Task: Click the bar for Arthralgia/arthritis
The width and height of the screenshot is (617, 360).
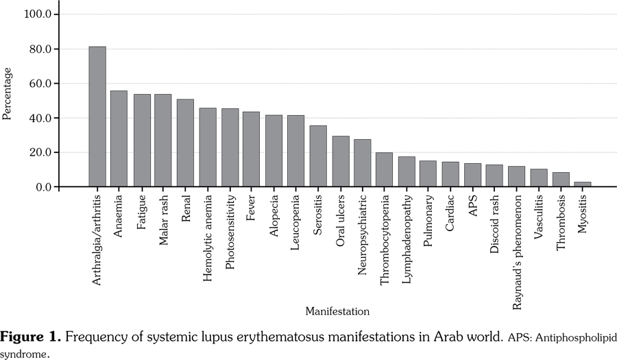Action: pyautogui.click(x=97, y=117)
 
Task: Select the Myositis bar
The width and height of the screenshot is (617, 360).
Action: pyautogui.click(x=583, y=184)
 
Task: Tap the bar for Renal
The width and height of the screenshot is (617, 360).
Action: pyautogui.click(x=185, y=143)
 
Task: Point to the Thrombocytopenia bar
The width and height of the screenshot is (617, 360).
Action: pyautogui.click(x=384, y=170)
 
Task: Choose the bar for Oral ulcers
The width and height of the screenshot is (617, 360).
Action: pyautogui.click(x=340, y=162)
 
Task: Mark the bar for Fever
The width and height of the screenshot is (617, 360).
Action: pyautogui.click(x=252, y=149)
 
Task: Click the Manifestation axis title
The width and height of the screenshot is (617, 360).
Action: pyautogui.click(x=337, y=311)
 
